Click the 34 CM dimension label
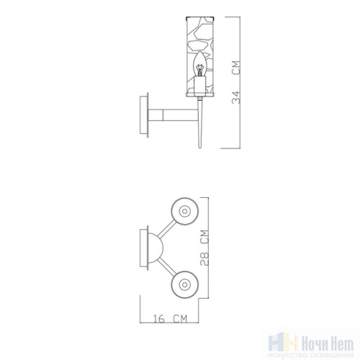[235, 83]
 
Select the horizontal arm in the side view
[172, 114]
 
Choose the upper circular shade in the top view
[184, 211]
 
